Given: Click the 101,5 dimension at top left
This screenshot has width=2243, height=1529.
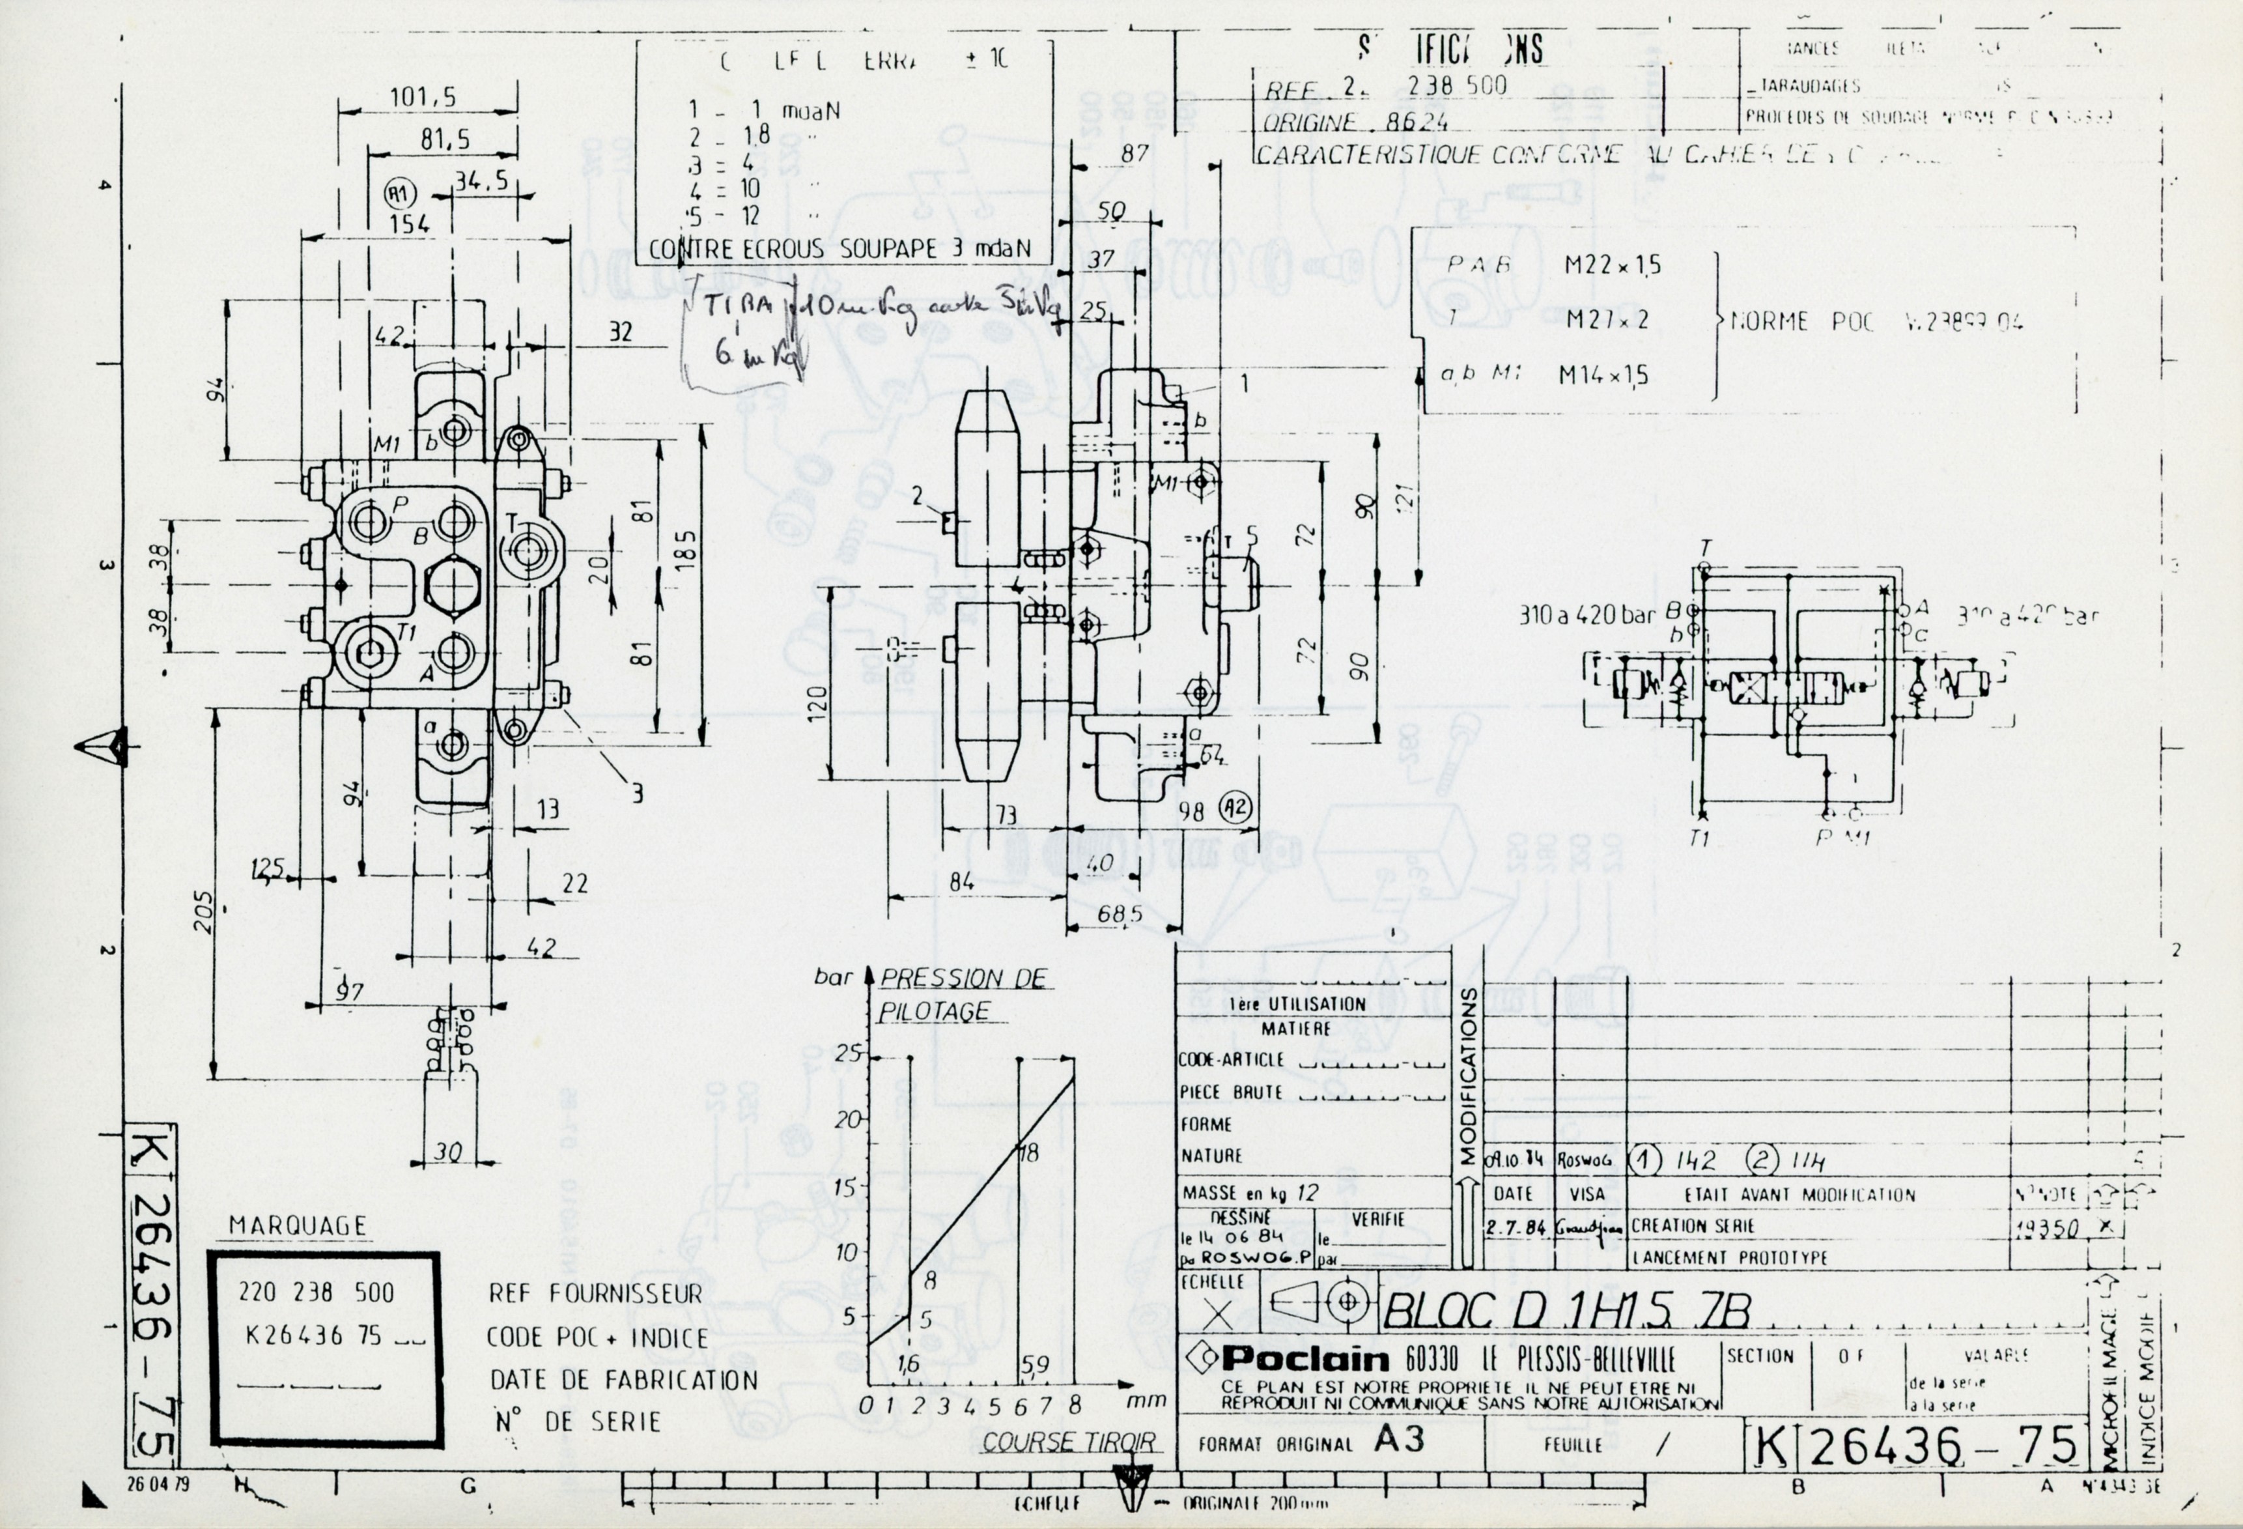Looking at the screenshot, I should pos(423,98).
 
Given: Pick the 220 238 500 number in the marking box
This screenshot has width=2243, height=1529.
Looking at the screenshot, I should pos(317,1292).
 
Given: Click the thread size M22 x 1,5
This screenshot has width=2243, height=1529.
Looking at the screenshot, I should pos(1612,265).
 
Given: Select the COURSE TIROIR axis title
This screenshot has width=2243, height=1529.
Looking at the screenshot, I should pos(1068,1442).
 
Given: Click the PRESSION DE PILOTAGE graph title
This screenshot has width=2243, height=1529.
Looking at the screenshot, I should pos(961,994).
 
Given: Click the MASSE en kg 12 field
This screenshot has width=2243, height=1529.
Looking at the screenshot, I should pos(1250,1193).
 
